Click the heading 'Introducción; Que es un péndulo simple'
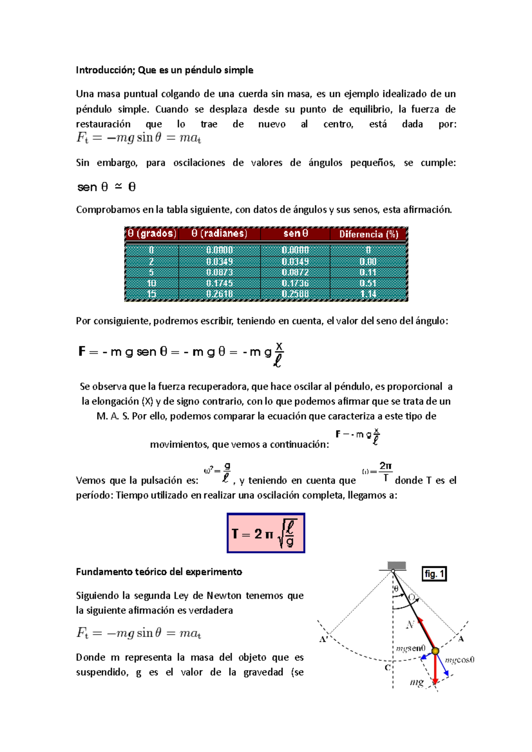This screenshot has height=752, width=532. (x=164, y=70)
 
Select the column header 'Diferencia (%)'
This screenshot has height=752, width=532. (x=368, y=234)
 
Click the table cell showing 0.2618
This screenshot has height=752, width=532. (x=219, y=294)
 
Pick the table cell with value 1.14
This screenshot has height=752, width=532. (x=368, y=294)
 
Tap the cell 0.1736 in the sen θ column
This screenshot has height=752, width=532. (x=295, y=283)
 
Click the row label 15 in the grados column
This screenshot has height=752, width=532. (x=151, y=294)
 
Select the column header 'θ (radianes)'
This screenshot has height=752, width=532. (x=219, y=234)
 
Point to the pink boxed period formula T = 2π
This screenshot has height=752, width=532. (x=266, y=533)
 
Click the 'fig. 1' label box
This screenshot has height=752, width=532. (x=434, y=574)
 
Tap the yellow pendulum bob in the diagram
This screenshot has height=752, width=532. (x=435, y=651)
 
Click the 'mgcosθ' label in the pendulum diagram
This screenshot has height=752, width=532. (x=459, y=660)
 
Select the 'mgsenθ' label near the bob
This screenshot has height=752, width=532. (x=411, y=648)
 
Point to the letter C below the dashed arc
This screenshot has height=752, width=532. (x=387, y=667)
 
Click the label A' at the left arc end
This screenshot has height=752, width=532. (x=323, y=639)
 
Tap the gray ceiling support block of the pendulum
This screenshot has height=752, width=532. (x=396, y=566)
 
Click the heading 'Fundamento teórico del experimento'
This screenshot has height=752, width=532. (x=159, y=572)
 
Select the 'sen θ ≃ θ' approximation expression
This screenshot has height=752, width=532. (x=106, y=187)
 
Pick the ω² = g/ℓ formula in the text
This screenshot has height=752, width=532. (x=217, y=473)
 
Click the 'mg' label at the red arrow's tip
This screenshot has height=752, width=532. (x=416, y=682)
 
